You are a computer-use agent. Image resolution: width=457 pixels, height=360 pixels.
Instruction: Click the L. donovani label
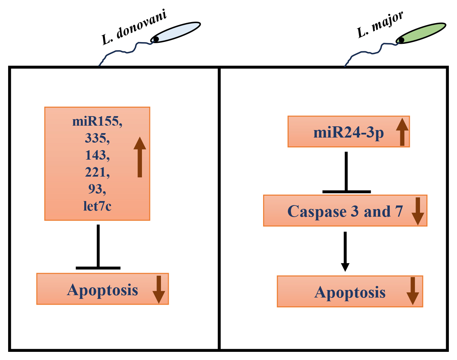pos(134,27)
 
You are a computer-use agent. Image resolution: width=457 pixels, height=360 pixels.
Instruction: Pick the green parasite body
pos(421,33)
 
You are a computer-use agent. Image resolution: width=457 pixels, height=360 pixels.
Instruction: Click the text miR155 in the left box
pos(97,121)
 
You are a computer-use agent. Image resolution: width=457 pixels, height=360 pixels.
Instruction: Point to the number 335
pos(97,138)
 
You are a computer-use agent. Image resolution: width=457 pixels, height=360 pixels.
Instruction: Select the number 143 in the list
pos(97,155)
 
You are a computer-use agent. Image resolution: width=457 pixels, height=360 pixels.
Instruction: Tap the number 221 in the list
pos(97,172)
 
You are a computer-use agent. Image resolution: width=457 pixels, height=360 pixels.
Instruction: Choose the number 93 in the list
pos(97,189)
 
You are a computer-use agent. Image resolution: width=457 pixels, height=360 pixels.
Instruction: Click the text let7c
pos(97,206)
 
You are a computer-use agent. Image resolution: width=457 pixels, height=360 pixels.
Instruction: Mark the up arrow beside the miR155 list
pos(140,157)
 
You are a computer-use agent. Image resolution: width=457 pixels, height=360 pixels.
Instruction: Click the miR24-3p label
pos(348,132)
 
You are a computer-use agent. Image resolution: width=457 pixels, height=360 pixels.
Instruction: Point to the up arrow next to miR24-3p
pos(402,132)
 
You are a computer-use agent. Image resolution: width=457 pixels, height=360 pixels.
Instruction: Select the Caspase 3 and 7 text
pos(345,211)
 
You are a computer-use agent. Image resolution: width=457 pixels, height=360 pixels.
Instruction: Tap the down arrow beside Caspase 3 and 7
pos(418,211)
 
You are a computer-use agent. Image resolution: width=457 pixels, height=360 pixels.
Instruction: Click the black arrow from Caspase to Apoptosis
pos(345,251)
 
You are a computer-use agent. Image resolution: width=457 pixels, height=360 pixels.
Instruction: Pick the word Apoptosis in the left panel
pos(103,290)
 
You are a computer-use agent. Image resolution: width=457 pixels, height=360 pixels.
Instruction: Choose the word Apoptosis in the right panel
pos(350,292)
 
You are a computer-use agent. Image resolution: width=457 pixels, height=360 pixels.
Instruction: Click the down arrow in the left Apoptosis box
pos(159,289)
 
